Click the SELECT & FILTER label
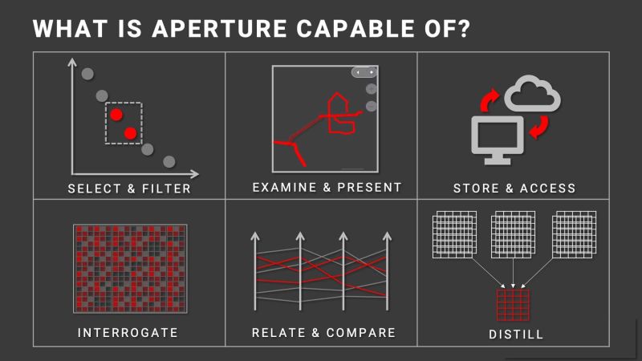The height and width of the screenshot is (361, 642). pos(129,189)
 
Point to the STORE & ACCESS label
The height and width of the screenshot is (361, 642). pos(514,189)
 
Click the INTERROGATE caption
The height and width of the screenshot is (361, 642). pos(128,332)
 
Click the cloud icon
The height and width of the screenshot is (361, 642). pos(532,95)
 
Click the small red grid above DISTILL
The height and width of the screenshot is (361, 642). pos(514,305)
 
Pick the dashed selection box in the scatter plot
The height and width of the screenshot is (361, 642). pos(124,123)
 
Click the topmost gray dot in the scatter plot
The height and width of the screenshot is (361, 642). pos(87,75)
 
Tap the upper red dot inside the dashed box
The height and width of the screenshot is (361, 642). pos(116,115)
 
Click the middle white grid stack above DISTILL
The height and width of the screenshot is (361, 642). pos(514,233)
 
